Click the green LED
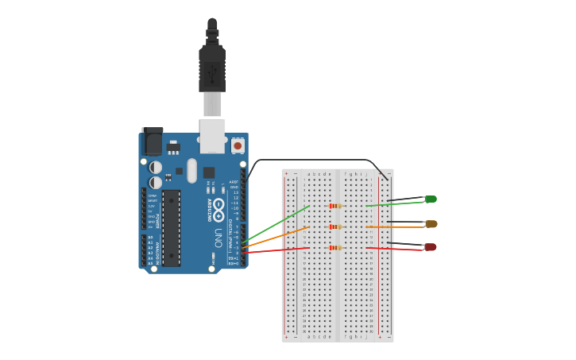[431, 199]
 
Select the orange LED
[431, 224]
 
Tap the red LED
[431, 247]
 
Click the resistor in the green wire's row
[335, 206]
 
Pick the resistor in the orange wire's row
[335, 226]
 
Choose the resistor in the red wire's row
[335, 247]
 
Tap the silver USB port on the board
[212, 135]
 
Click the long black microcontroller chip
[172, 227]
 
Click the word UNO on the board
[218, 238]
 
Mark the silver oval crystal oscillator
[191, 170]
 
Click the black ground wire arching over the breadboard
[318, 161]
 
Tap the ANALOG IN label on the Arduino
[157, 250]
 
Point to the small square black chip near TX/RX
[209, 172]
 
